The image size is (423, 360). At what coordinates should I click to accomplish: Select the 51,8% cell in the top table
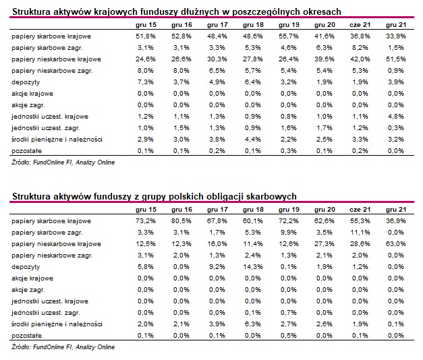point(146,36)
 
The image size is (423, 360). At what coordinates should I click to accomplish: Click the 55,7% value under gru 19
point(289,36)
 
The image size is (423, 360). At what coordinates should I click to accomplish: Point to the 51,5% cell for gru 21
point(396,59)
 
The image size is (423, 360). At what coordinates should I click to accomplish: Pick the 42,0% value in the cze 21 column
point(360,59)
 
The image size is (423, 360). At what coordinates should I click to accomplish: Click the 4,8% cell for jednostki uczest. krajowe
point(396,117)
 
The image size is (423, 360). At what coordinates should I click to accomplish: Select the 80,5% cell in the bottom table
point(181,221)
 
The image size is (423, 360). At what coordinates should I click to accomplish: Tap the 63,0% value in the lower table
point(396,244)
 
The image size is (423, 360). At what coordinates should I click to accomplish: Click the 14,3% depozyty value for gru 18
point(253,267)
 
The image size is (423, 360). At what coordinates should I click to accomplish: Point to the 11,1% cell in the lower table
point(360,233)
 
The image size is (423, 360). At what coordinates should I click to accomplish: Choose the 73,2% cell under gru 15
point(146,221)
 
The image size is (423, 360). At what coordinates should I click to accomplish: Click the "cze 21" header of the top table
point(360,25)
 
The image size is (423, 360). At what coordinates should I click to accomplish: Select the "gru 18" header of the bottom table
point(253,210)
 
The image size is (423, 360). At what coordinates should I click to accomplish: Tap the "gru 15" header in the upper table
point(146,25)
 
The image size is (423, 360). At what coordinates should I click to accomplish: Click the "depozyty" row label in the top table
point(26,82)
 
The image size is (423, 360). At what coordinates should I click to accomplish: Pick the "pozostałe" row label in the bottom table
point(27,336)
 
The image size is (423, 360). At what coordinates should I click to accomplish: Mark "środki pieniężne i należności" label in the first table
point(57,140)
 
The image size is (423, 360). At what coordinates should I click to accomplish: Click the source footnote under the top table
point(63,162)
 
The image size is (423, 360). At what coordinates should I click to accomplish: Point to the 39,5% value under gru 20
point(325,59)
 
